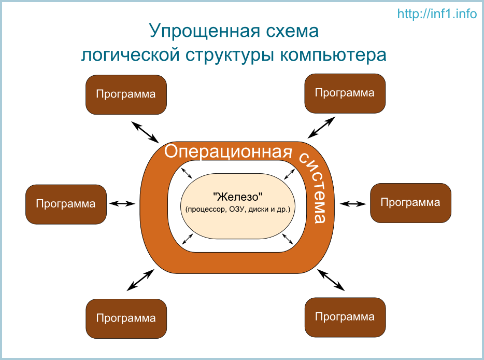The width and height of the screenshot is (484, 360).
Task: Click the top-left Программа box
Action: click(126, 94)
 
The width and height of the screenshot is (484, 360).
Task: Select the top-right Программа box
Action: click(345, 93)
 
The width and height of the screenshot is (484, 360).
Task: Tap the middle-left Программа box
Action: click(66, 204)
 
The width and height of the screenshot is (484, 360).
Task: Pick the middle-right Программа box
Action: click(410, 203)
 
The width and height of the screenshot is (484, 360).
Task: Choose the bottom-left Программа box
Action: click(126, 319)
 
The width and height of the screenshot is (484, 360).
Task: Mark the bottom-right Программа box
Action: click(345, 317)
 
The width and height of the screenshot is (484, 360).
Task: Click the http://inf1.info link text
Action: click(437, 14)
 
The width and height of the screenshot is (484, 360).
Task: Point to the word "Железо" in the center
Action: click(238, 198)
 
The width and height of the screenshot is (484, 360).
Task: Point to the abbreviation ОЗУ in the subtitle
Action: click(237, 210)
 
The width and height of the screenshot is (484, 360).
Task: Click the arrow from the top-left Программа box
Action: click(145, 132)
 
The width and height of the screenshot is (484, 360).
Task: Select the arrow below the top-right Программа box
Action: click(321, 127)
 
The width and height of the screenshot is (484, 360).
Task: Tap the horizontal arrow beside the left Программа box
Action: click(123, 204)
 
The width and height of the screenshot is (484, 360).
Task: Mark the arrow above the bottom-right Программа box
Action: click(331, 280)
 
